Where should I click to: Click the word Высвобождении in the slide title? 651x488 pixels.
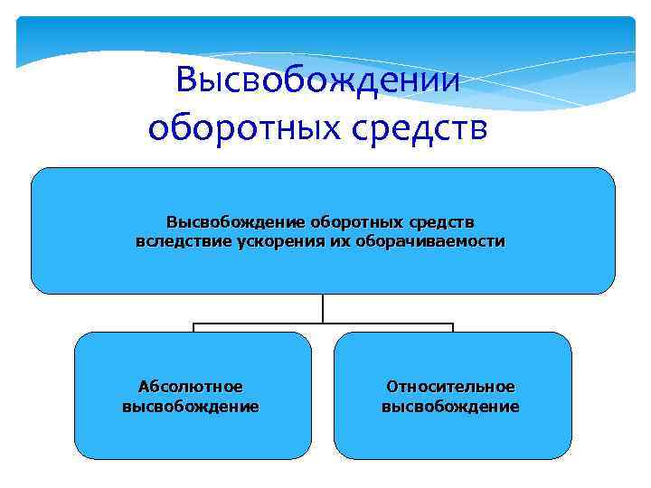[x=318, y=81]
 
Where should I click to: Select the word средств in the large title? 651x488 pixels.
[x=429, y=127]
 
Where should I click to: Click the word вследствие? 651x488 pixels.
[x=177, y=242]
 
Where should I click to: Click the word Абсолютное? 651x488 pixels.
[x=190, y=387]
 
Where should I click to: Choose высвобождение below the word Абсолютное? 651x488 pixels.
[x=190, y=407]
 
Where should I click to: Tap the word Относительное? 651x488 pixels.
[x=450, y=387]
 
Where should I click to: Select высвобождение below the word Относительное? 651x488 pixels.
[x=450, y=407]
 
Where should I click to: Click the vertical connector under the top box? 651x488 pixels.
[x=323, y=308]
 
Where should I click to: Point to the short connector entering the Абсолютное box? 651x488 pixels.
[x=193, y=327]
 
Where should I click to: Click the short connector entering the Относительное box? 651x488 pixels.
[x=453, y=327]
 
